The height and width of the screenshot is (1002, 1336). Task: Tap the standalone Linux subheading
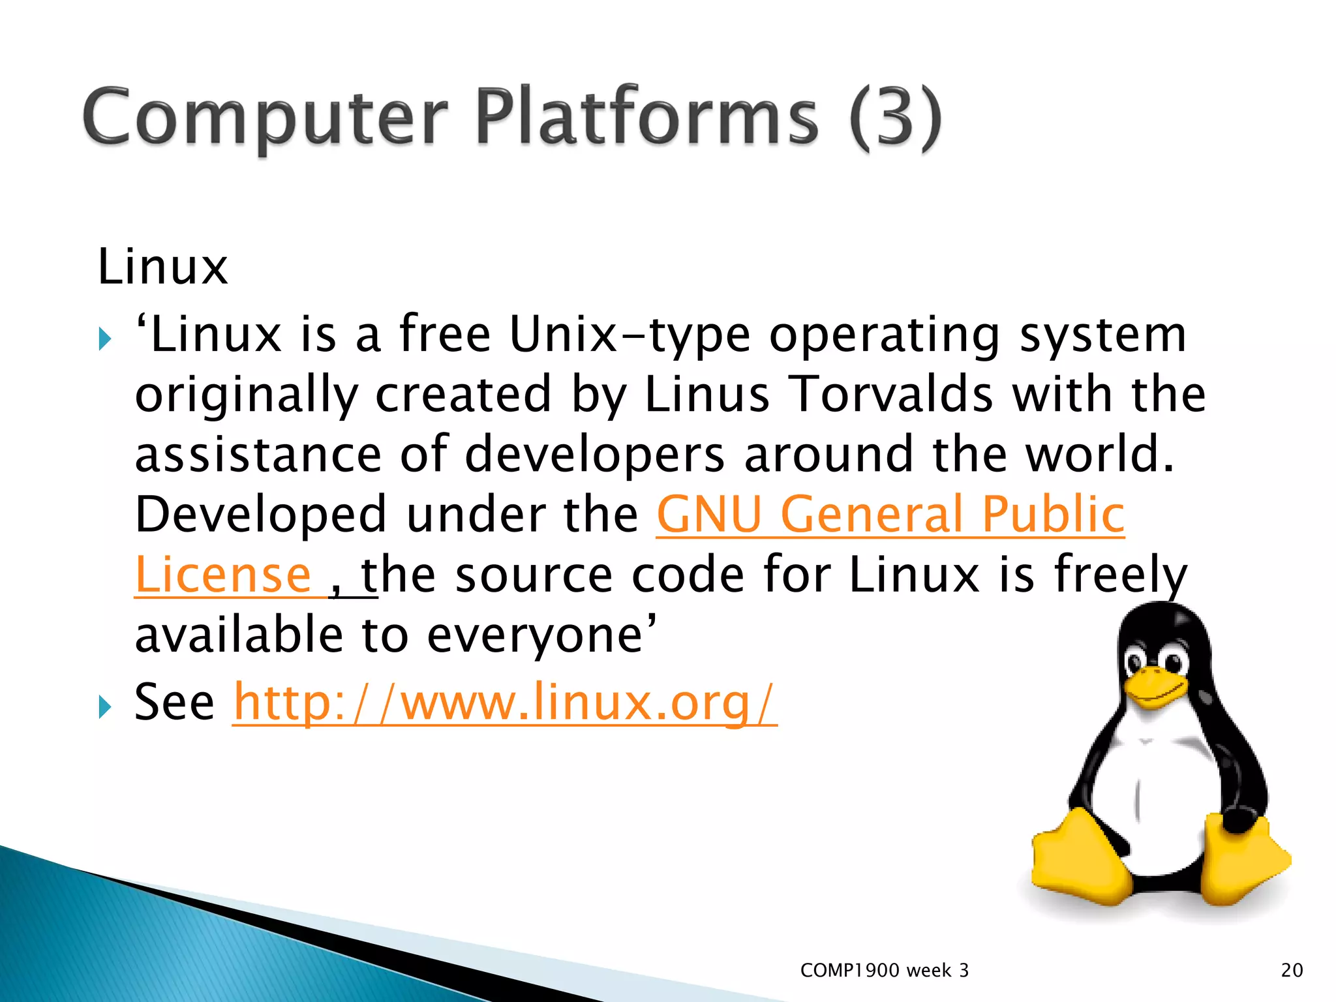[162, 267]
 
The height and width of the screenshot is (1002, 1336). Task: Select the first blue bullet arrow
[104, 339]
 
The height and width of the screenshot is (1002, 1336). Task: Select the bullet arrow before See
[104, 706]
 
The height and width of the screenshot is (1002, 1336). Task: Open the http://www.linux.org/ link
[504, 703]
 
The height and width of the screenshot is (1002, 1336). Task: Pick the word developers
[594, 455]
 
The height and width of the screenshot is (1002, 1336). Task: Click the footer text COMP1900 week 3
[884, 971]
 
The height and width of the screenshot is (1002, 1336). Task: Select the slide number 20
[1292, 971]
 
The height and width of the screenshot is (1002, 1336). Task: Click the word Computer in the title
[264, 117]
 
